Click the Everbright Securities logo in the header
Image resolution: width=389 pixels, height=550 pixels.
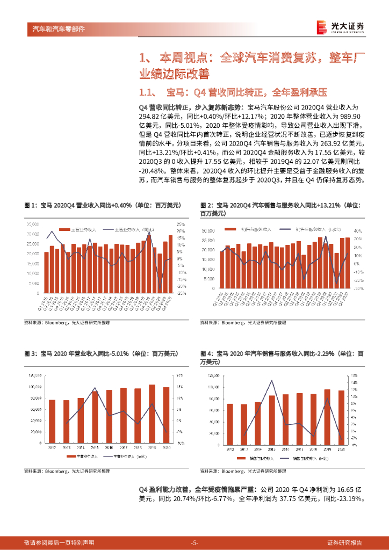tap(340, 27)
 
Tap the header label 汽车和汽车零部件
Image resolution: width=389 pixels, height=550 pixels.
tap(55, 28)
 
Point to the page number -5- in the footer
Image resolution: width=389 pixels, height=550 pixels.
tap(195, 542)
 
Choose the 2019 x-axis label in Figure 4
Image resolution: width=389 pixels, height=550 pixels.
tap(327, 448)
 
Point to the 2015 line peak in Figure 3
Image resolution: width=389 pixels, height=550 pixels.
tap(95, 388)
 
